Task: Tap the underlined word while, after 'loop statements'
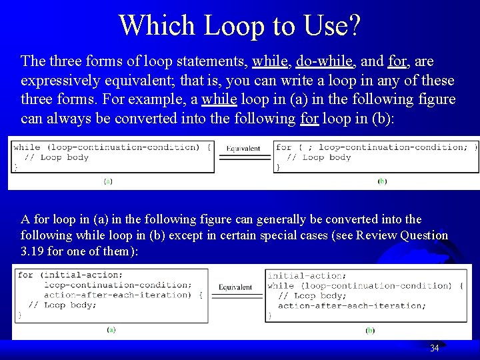269,62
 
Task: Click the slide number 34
435,348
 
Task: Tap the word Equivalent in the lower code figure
235,287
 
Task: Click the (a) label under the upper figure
108,181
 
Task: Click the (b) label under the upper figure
382,181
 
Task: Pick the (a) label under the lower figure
111,329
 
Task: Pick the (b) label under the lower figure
370,330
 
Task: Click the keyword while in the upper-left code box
27,147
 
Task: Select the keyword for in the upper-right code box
284,147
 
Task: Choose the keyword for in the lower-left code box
26,275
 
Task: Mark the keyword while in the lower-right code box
280,285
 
